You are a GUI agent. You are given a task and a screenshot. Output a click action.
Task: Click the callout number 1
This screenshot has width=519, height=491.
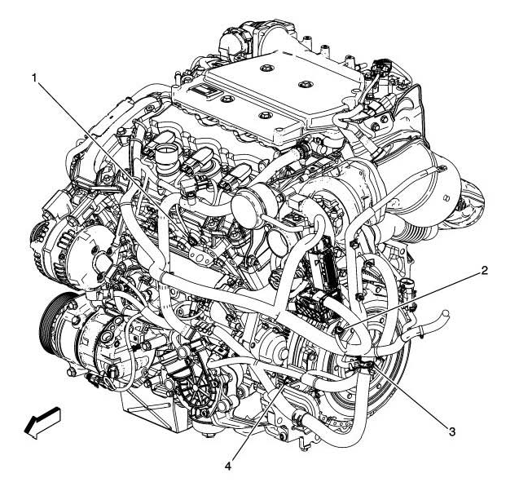(35, 77)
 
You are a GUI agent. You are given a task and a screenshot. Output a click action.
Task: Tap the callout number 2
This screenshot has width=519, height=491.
(485, 271)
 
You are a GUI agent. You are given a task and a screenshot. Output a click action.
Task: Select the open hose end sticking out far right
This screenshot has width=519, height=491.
(443, 313)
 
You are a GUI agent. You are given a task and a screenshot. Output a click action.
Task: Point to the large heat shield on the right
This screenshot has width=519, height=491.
(424, 175)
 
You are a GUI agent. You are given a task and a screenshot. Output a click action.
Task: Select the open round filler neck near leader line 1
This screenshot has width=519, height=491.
(167, 155)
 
